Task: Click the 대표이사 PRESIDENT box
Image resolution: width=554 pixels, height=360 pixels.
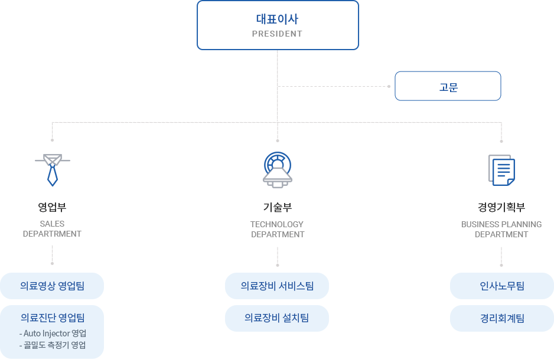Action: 278,25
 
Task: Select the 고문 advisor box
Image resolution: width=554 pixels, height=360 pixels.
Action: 448,86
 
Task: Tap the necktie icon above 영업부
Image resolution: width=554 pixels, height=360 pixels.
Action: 53,168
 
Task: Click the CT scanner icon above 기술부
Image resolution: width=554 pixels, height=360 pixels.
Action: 277,169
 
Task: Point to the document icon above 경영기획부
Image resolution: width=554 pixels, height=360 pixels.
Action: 501,169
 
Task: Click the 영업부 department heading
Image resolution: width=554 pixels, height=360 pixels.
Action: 52,207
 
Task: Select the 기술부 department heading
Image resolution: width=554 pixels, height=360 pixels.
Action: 277,207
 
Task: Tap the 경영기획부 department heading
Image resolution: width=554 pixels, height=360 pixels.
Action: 501,207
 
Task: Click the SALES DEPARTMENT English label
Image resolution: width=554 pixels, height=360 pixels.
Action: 52,229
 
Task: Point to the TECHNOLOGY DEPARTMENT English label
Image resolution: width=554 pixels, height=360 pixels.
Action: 277,229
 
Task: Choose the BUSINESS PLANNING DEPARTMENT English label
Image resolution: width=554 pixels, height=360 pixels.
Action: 501,229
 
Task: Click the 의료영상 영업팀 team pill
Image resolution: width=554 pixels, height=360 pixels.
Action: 52,286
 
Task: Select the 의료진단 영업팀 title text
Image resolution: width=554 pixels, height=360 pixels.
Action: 52,318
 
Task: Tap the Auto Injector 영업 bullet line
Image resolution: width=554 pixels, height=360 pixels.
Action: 53,333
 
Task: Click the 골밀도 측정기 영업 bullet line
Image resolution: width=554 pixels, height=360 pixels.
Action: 53,345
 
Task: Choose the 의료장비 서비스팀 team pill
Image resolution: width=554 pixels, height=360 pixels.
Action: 277,286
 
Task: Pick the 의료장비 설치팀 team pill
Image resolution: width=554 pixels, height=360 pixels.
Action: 277,318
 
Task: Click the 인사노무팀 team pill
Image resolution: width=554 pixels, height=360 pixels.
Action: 502,286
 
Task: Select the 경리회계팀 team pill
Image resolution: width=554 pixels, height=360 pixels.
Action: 502,318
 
